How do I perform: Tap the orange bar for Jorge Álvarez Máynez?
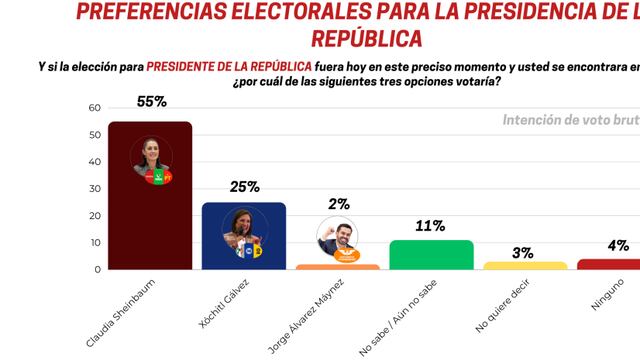coord(337,266)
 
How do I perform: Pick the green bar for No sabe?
coord(430,255)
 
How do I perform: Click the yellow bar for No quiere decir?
coord(524,265)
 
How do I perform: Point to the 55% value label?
coord(149,102)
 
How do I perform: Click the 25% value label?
coord(243,186)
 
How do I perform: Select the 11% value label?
coord(430,226)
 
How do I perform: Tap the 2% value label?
coord(338,204)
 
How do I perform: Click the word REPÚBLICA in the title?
coord(366,38)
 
